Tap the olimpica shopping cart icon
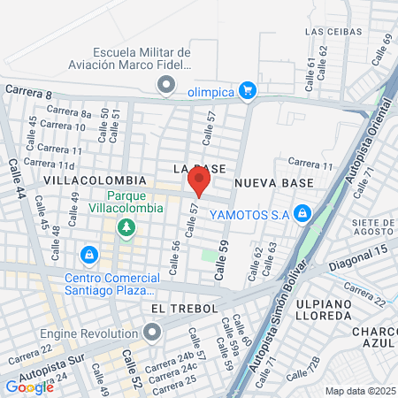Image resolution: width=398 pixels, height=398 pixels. [x=248, y=89]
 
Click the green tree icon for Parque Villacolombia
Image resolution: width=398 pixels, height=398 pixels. [x=126, y=228]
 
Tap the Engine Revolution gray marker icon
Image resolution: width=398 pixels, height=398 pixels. [x=152, y=334]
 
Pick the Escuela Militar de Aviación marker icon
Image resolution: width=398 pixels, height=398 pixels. [x=165, y=85]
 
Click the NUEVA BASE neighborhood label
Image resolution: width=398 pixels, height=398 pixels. [x=273, y=182]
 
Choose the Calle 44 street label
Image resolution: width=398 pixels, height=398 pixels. [x=16, y=178]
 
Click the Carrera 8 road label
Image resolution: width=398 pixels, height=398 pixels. [x=29, y=91]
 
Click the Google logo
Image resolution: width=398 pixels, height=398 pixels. [x=29, y=386]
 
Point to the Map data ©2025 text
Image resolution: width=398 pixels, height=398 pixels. [x=358, y=391]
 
